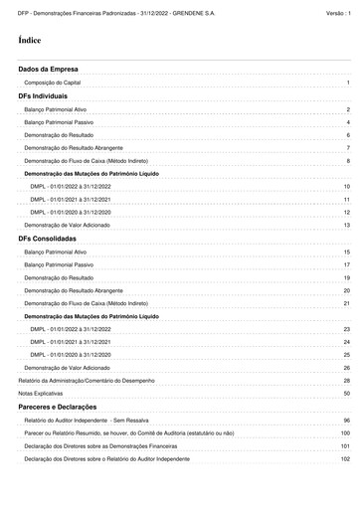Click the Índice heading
(30, 41)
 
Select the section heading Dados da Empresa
(49, 69)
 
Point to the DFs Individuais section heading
(49, 96)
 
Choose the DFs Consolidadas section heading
(54, 240)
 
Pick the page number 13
(346, 226)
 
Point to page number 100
(345, 461)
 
